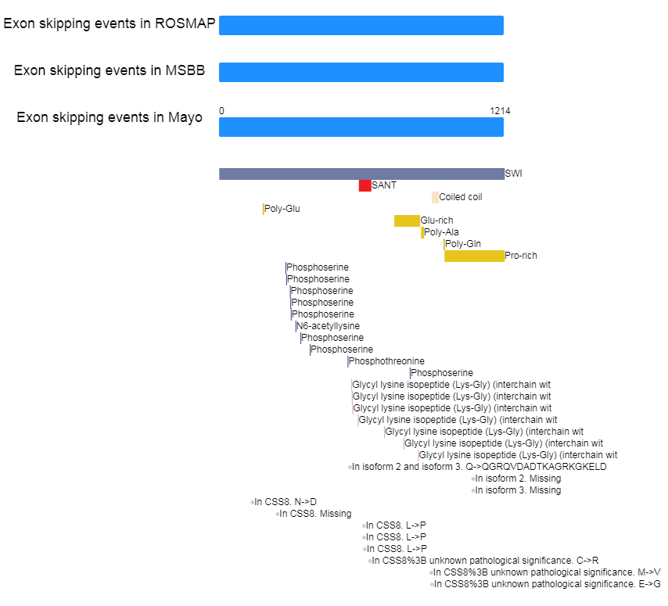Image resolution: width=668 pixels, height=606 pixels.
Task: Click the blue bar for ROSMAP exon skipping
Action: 361,26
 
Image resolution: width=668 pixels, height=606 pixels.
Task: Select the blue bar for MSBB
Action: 361,73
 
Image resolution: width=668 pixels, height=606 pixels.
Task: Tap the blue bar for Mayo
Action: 361,127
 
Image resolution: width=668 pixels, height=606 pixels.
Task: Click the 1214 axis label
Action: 500,111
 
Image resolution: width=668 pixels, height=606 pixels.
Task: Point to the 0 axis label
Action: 221,111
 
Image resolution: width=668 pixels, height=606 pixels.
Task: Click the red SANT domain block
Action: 365,185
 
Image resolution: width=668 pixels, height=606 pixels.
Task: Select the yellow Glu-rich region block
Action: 407,221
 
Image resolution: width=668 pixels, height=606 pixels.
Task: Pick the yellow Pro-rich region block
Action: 475,256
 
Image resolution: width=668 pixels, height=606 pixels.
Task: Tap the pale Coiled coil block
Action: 435,197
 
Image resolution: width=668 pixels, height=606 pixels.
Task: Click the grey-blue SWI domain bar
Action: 361,174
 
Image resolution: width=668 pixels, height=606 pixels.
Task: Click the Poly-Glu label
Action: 282,209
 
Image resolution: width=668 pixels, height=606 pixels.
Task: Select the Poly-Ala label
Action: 441,232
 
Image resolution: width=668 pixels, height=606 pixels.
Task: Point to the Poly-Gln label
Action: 463,244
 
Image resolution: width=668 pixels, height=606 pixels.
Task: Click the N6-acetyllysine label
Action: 328,326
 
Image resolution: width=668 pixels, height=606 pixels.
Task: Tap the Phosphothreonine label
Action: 386,361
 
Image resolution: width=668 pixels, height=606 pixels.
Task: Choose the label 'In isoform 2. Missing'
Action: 518,479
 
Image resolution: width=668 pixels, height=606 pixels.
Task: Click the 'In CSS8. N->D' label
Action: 286,502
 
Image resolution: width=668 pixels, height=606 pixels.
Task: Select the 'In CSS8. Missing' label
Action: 315,514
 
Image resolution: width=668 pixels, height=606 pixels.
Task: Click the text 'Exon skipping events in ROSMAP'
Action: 110,23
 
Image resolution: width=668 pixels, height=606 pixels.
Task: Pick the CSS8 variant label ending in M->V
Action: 547,572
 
